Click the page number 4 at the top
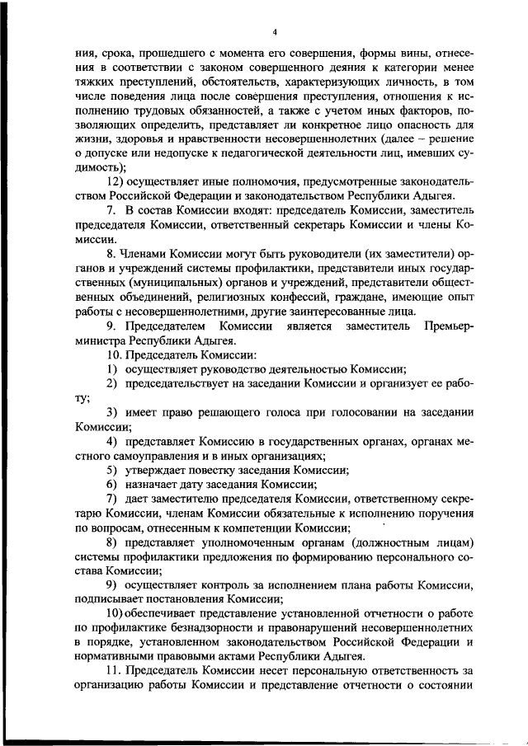point(274,32)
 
